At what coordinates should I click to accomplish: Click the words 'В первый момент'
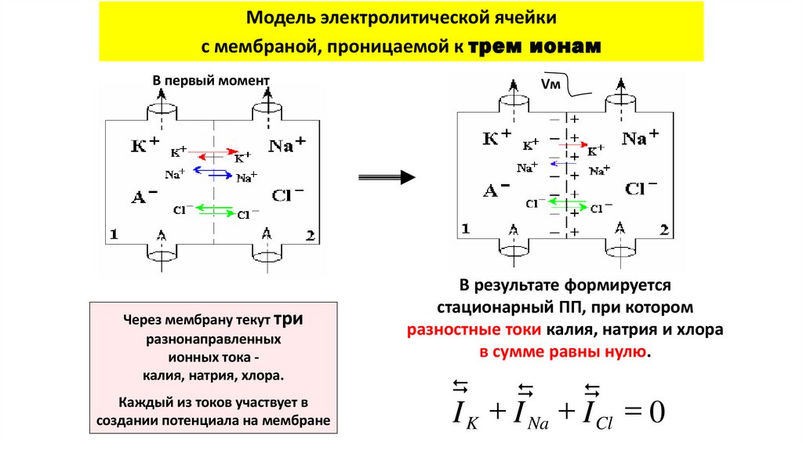pos(210,81)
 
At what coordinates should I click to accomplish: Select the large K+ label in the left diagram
pos(147,145)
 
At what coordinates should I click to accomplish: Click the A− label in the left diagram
pos(144,197)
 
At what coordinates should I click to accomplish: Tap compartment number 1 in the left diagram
pos(114,234)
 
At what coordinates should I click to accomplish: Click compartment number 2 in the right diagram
pos(663,229)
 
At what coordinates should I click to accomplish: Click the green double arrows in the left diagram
pos(213,208)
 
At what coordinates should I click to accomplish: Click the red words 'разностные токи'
pos(457,330)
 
